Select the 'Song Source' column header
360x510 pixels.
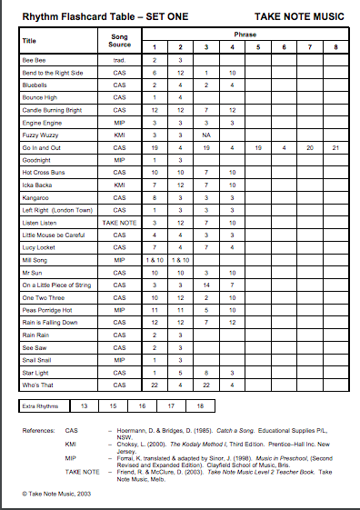pos(119,40)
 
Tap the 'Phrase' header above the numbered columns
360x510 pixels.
pos(245,35)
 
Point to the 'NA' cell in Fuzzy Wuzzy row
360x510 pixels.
pos(206,134)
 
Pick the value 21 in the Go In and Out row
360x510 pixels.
pos(336,146)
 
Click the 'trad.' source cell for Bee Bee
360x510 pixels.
pos(119,59)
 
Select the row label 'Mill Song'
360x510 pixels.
pos(35,259)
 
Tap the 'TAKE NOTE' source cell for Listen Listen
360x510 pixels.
pos(119,222)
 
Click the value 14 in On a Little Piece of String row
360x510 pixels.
pos(206,285)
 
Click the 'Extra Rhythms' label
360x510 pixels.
pos(42,405)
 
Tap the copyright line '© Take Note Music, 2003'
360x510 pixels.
pos(59,492)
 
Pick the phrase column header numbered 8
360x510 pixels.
pos(336,46)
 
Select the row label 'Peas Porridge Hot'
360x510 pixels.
pos(46,309)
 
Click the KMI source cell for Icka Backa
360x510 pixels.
pos(119,184)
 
